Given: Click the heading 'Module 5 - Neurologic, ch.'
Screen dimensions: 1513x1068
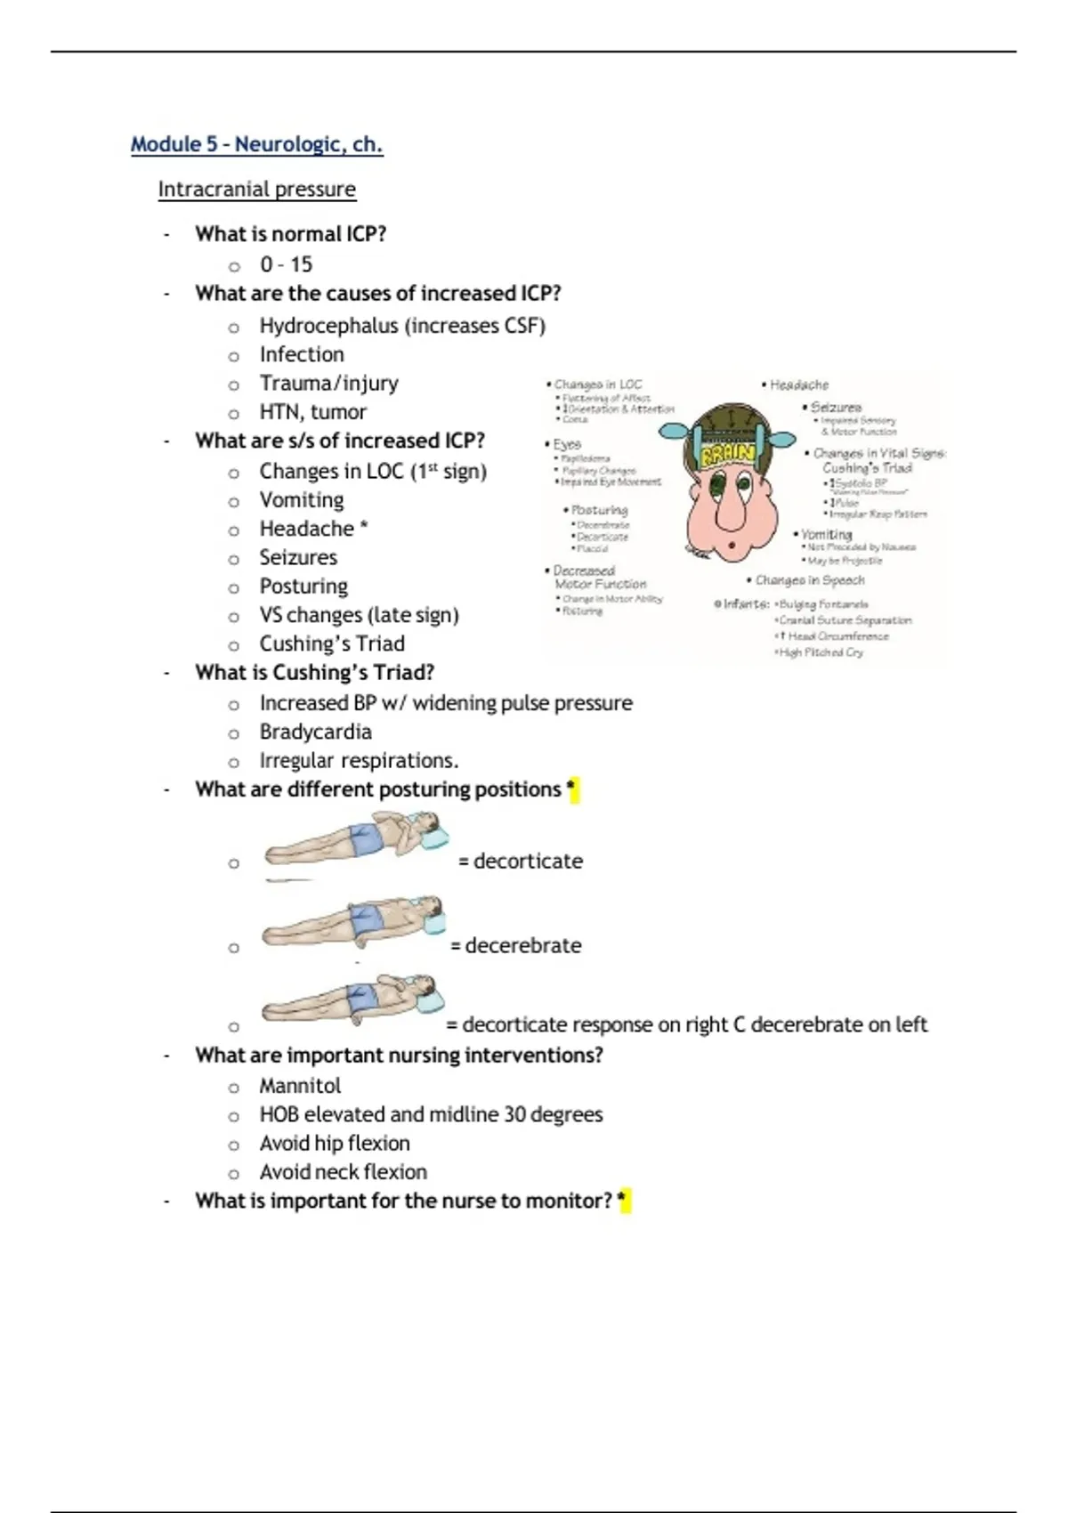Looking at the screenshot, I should pyautogui.click(x=256, y=144).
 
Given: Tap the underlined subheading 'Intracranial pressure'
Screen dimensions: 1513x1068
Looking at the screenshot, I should pyautogui.click(x=256, y=190).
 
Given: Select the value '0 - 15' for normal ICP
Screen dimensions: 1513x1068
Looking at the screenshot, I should pyautogui.click(x=286, y=264).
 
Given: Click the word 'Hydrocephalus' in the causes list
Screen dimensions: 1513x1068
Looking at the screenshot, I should pyautogui.click(x=328, y=326).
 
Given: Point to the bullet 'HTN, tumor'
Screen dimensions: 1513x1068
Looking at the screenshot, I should pyautogui.click(x=312, y=412).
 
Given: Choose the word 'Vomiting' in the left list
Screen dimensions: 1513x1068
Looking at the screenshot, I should pyautogui.click(x=301, y=500).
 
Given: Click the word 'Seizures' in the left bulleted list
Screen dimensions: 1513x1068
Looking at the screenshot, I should pyautogui.click(x=298, y=558).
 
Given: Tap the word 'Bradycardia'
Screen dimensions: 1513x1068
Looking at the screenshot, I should pyautogui.click(x=315, y=732).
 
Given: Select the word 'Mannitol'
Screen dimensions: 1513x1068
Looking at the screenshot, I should pyautogui.click(x=300, y=1086).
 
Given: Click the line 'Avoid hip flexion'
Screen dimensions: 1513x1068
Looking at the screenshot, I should pyautogui.click(x=335, y=1143).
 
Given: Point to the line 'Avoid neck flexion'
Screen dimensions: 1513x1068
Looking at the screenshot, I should pyautogui.click(x=343, y=1172).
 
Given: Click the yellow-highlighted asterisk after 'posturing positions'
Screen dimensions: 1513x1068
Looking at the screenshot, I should pyautogui.click(x=572, y=789).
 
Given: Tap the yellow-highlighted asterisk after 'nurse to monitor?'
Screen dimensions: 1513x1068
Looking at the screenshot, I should pyautogui.click(x=624, y=1201).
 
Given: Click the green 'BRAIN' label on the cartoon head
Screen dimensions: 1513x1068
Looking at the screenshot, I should pyautogui.click(x=728, y=455).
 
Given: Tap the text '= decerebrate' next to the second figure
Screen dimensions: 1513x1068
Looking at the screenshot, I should pyautogui.click(x=516, y=945).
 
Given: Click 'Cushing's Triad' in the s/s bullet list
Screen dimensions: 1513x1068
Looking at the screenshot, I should pyautogui.click(x=331, y=643).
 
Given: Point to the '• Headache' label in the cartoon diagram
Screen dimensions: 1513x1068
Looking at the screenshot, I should pyautogui.click(x=797, y=385).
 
